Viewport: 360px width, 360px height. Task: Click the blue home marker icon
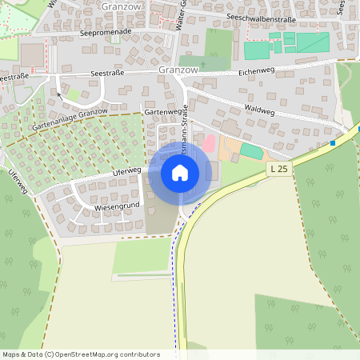click(180, 173)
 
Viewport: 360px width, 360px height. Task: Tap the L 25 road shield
click(278, 169)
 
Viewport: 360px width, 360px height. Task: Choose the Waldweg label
click(261, 110)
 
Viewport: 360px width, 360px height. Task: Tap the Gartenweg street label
click(159, 113)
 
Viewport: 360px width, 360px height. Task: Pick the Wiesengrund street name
click(118, 206)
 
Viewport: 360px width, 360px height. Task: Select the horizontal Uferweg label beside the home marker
click(127, 170)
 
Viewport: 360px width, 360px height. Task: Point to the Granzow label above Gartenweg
click(178, 70)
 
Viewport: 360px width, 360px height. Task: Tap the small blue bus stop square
click(332, 143)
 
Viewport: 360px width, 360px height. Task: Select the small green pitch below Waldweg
click(251, 150)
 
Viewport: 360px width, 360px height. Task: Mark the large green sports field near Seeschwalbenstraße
click(298, 45)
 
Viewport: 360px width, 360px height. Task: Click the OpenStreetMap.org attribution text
click(107, 354)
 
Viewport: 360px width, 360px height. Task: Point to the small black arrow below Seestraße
click(58, 94)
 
